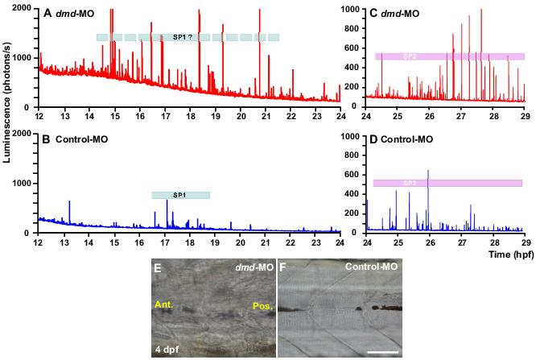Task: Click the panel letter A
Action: [x=47, y=14]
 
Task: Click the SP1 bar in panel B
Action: [x=180, y=195]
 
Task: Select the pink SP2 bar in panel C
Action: [x=449, y=56]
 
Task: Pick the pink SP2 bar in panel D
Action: [x=447, y=184]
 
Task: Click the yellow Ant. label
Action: [x=166, y=305]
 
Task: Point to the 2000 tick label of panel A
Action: [x=23, y=8]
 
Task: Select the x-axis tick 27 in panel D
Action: [x=462, y=242]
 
